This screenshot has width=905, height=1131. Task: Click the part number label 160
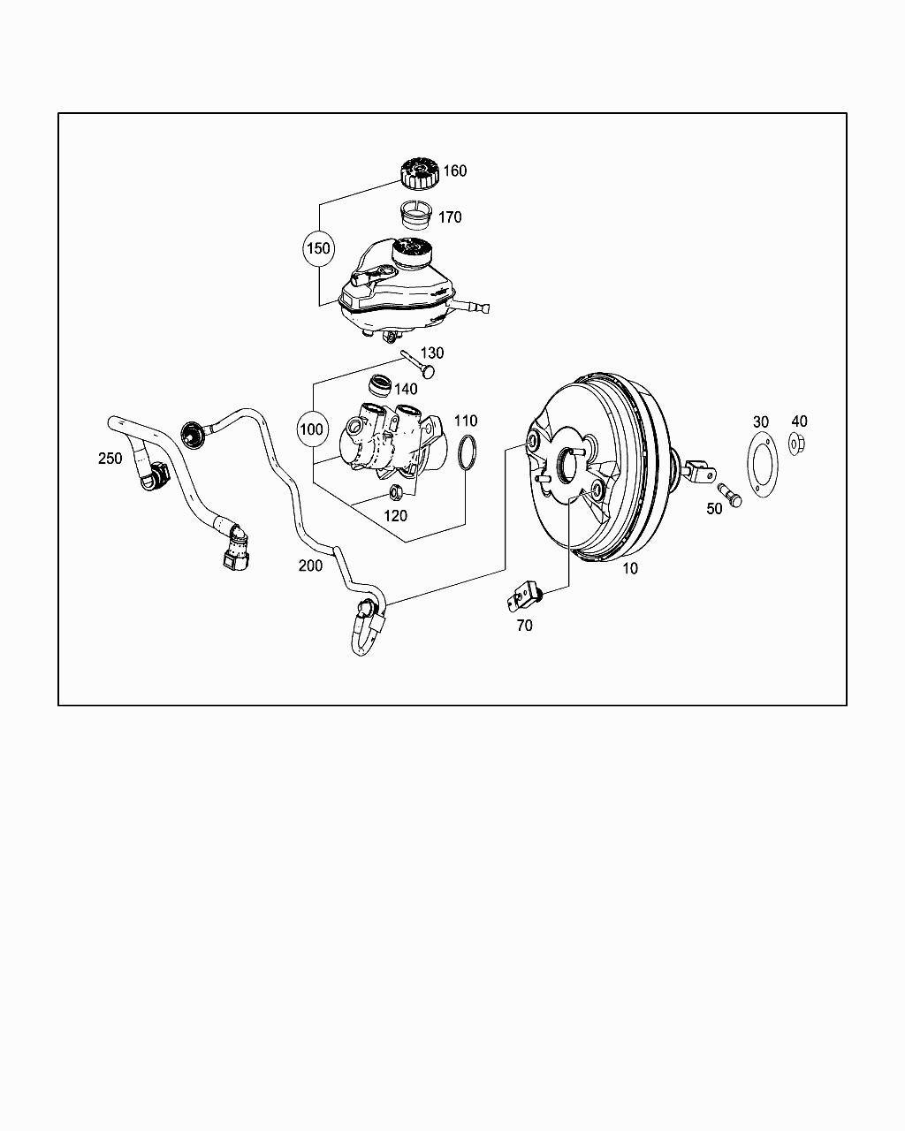point(455,171)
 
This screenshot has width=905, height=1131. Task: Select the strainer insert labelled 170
point(414,215)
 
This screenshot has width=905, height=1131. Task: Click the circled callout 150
point(318,248)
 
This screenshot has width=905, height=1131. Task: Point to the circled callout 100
point(311,429)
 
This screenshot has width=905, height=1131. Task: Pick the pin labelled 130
point(419,364)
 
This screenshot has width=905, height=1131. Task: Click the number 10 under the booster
point(630,568)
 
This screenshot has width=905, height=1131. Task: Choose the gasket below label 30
point(763,464)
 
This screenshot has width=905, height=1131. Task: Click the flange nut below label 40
point(797,444)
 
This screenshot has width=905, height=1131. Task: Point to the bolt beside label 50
point(730,495)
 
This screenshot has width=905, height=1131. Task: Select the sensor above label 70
point(524,597)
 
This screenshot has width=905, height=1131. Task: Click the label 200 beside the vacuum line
point(310,565)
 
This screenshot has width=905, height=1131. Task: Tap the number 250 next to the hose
point(110,459)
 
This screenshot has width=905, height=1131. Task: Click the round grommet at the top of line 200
point(193,435)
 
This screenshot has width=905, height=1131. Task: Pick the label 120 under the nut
point(395,516)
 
